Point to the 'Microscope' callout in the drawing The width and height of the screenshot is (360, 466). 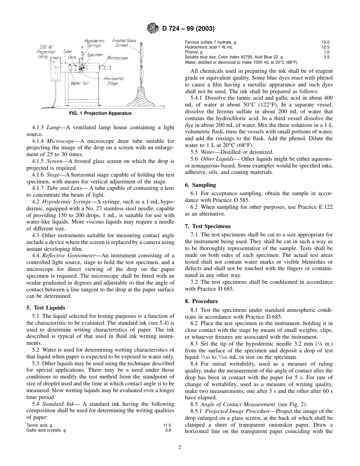pos(117,58)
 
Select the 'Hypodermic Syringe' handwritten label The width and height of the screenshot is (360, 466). pos(93,42)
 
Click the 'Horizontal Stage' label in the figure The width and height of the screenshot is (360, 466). pos(113,81)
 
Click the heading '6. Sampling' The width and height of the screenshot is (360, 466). pos(200,185)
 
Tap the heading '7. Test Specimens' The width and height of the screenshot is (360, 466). pos(208,226)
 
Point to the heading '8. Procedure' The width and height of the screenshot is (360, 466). pos(202,301)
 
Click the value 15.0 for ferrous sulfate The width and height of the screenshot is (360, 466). pos(326,42)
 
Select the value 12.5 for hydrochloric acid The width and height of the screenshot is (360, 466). pos(326,47)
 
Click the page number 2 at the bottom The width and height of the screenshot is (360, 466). pos(180,447)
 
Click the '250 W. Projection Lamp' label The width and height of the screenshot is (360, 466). pos(46,52)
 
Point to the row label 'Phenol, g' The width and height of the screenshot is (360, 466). pos(193,52)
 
